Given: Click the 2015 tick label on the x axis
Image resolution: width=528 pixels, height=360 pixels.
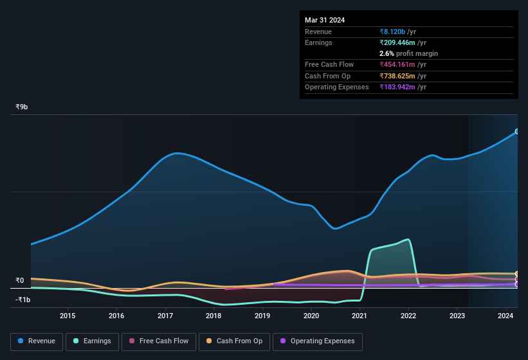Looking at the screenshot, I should pos(68,316).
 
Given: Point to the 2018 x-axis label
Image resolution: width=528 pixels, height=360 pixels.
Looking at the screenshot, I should pos(214,316).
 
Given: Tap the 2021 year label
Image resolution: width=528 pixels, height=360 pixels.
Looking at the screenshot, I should pos(360,316).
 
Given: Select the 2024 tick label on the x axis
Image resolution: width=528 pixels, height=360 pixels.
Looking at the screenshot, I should pos(505,316).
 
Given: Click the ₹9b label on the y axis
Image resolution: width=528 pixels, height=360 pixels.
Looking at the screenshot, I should pos(22,107).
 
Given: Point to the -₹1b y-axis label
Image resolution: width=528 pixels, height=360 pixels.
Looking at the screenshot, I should pos(23,300).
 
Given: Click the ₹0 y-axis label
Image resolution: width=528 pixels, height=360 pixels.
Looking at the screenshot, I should pos(19,280).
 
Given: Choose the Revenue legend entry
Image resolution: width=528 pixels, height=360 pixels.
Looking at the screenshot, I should pos(37,341).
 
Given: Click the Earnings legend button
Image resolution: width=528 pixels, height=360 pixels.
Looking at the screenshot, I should pos(92,341).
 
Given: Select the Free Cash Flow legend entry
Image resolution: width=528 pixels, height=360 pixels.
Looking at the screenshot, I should pos(159,341).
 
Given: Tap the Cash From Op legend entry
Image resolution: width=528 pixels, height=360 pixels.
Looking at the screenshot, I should pos(233,341).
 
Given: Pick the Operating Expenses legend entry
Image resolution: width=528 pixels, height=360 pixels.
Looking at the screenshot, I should pos(317,341).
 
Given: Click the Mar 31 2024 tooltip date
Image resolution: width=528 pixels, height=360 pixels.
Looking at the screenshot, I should pos(325,20).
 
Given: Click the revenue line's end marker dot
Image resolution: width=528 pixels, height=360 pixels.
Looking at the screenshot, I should pos(517,132).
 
